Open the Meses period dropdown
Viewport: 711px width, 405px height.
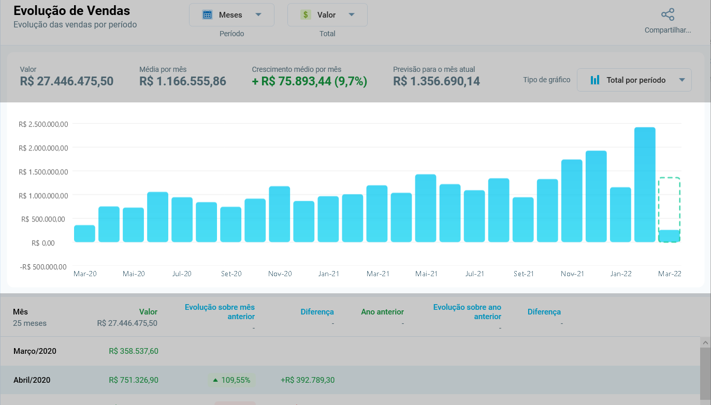(231, 15)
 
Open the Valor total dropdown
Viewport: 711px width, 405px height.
(327, 15)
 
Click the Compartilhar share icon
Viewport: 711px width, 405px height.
(668, 14)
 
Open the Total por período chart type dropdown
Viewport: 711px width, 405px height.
(634, 80)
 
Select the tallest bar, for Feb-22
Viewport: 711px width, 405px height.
(645, 185)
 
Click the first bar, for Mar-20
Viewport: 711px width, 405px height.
(84, 234)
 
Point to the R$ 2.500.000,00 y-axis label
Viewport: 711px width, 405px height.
(43, 124)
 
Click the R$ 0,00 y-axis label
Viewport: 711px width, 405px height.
(43, 243)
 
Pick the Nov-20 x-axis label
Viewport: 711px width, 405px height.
(280, 274)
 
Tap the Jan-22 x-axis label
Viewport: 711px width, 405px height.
(620, 274)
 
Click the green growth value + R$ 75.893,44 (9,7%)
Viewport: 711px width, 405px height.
(310, 81)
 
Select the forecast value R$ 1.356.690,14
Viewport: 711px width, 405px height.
(437, 81)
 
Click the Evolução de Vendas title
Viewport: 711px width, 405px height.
(72, 10)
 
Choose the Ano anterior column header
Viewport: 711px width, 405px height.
(382, 312)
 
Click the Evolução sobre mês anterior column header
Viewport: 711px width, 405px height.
(220, 312)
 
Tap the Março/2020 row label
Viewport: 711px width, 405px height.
(35, 351)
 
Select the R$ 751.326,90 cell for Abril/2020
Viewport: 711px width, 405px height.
(133, 380)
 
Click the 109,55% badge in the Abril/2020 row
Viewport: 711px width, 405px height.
(231, 380)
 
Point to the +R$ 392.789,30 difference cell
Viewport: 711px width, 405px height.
(308, 380)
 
